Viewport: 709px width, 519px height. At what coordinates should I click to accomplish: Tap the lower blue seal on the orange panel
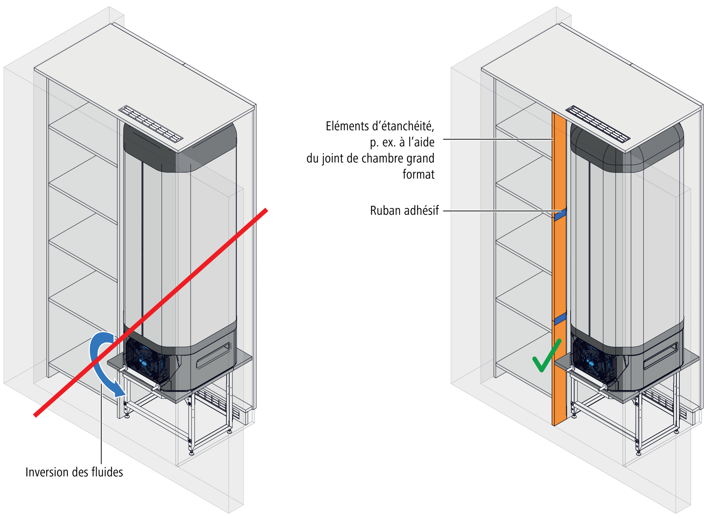click(x=560, y=318)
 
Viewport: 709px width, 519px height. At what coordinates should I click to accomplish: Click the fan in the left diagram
click(x=145, y=362)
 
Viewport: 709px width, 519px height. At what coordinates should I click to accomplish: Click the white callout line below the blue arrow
click(x=102, y=426)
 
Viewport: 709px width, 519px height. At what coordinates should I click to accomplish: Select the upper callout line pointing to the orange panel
click(x=497, y=139)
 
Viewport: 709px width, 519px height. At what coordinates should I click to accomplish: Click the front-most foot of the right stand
click(x=639, y=452)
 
